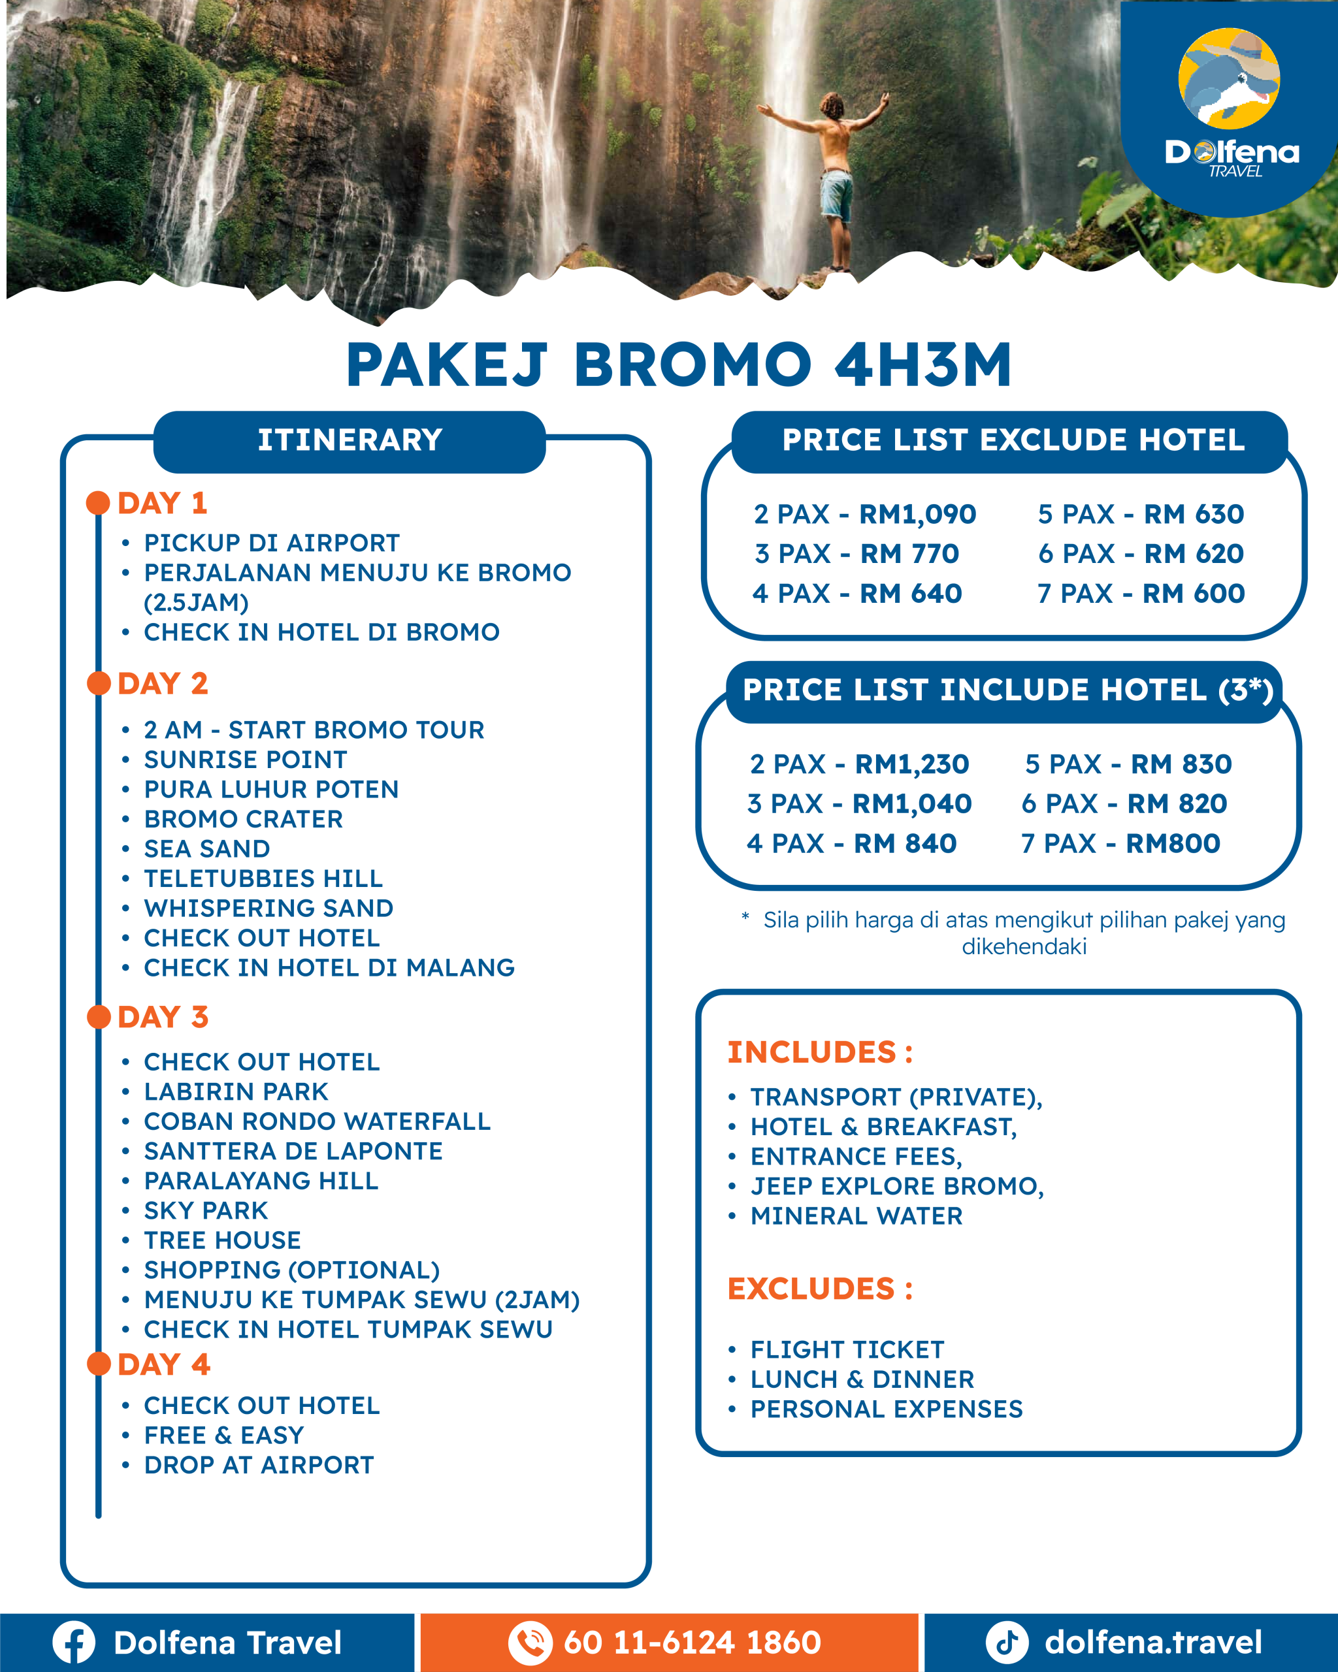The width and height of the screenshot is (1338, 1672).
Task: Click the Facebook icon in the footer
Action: (x=74, y=1643)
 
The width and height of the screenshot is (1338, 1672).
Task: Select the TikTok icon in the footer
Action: (x=1007, y=1643)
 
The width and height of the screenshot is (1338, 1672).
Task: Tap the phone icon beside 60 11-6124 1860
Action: (x=530, y=1643)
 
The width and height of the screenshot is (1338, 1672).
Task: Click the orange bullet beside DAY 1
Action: (x=98, y=502)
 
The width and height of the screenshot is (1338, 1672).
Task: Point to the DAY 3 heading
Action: (x=163, y=1017)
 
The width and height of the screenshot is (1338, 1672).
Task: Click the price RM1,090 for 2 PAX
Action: (x=918, y=514)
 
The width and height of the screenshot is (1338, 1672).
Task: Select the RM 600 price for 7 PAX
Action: (x=1194, y=593)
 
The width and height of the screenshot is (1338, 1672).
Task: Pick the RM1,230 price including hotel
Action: (x=911, y=764)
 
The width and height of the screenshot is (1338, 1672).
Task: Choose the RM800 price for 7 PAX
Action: (x=1173, y=843)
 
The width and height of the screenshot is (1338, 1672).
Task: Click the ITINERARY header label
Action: (x=350, y=440)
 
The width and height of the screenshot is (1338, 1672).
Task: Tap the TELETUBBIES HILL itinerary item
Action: (x=263, y=878)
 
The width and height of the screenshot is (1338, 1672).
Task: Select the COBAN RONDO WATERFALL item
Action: (x=318, y=1121)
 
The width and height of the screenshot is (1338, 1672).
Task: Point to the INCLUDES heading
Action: (x=819, y=1052)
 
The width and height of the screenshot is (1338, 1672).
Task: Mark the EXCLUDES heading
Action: (x=819, y=1289)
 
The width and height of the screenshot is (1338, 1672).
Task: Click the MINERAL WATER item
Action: (x=857, y=1216)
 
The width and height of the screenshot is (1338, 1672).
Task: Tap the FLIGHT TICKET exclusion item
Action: (x=847, y=1349)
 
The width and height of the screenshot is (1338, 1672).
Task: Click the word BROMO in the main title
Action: (x=692, y=364)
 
